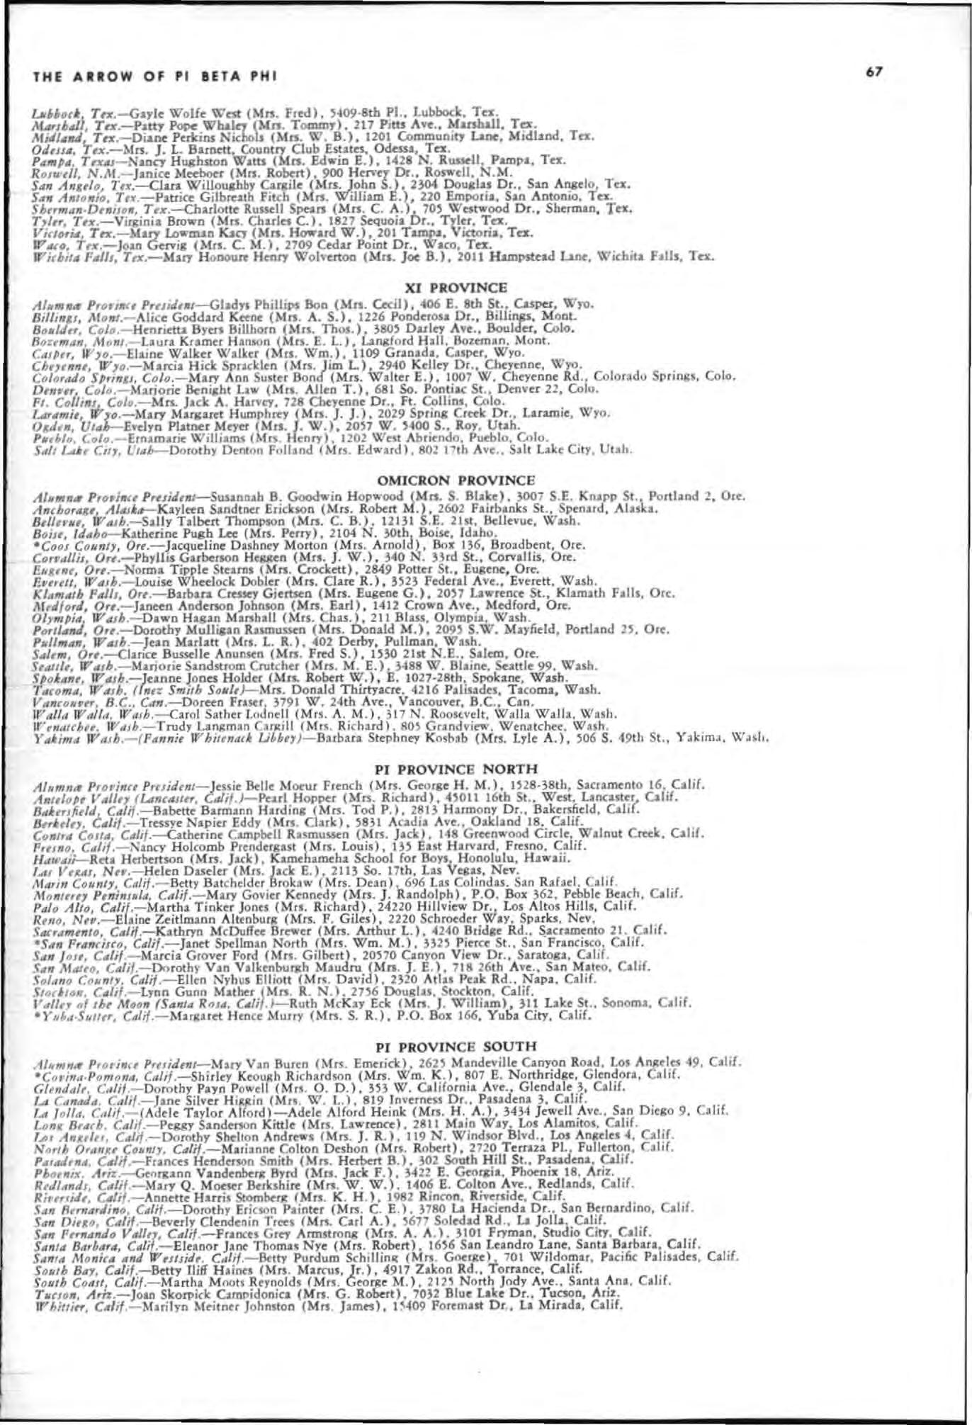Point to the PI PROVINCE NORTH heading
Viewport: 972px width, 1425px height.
point(456,769)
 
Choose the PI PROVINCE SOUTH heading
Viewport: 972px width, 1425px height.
point(456,1046)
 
